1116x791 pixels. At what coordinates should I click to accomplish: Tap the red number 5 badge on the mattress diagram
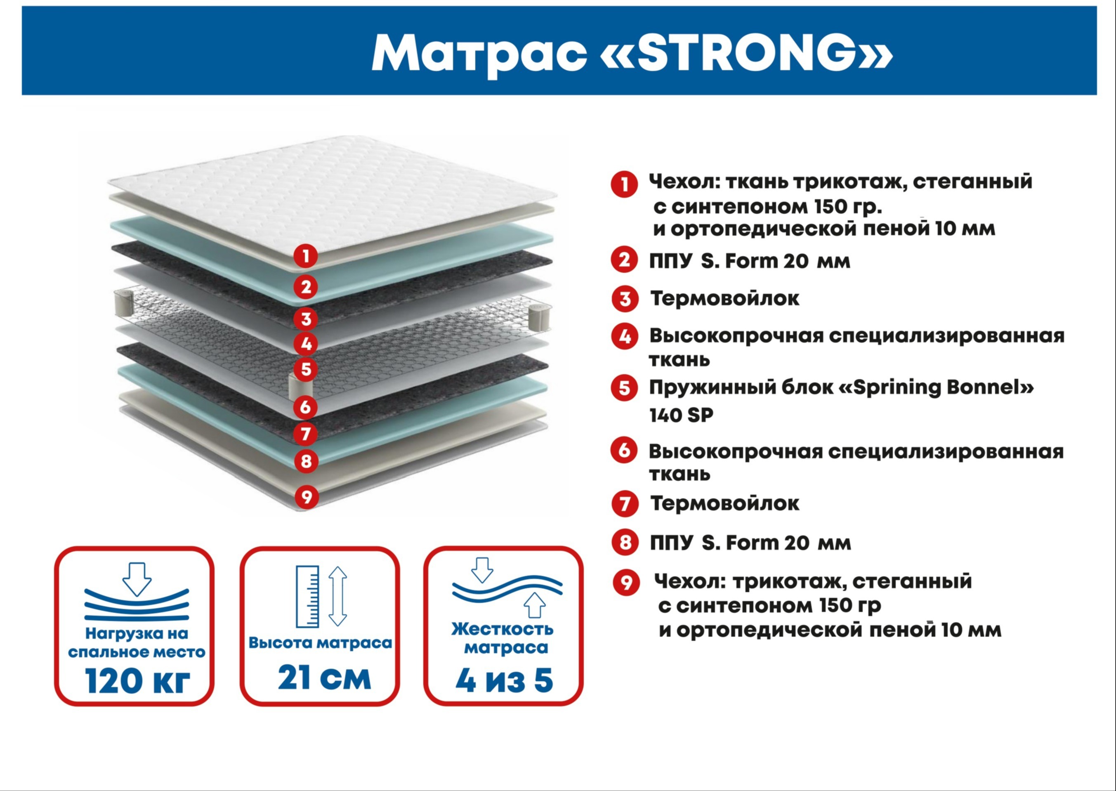click(x=306, y=369)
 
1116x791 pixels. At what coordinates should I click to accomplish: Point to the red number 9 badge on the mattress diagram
click(x=306, y=497)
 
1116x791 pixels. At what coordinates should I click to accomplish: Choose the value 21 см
click(x=324, y=677)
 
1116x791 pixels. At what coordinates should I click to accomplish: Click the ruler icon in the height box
click(x=308, y=597)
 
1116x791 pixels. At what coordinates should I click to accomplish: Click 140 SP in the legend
click(x=681, y=416)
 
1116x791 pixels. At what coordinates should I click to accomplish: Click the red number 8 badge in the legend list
click(x=625, y=542)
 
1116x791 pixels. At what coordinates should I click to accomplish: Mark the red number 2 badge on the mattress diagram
click(x=305, y=287)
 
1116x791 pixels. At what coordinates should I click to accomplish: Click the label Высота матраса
click(x=320, y=643)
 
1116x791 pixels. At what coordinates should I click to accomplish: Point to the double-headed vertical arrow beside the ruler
click(x=337, y=596)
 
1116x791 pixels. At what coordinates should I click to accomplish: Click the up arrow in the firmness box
click(x=534, y=605)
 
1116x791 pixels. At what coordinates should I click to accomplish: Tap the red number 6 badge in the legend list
click(x=624, y=451)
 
